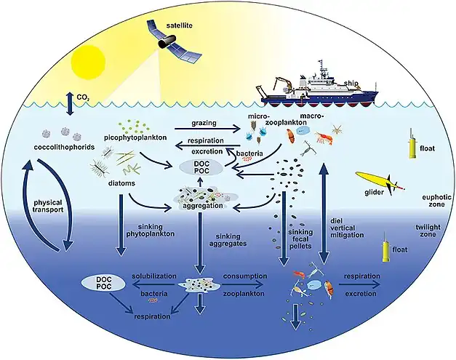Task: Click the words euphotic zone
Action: click(x=423, y=201)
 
